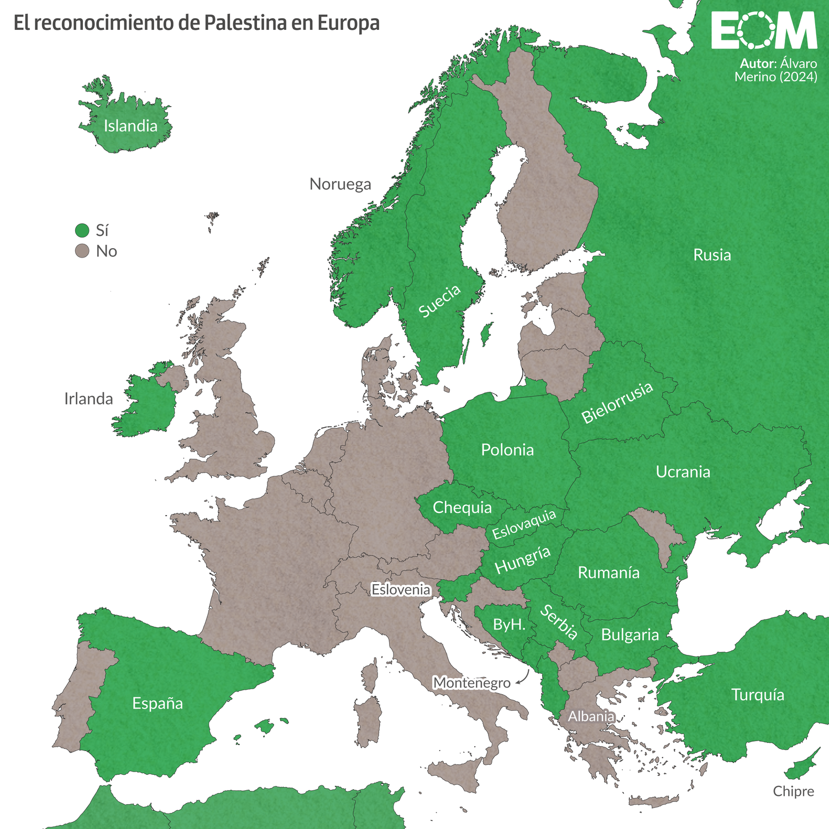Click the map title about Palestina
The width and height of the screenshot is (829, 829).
[x=196, y=23]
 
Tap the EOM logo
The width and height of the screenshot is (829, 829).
[x=764, y=31]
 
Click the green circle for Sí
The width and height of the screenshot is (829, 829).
[x=82, y=230]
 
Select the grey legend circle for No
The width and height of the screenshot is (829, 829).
[x=82, y=251]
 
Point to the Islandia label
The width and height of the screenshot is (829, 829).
[x=130, y=126]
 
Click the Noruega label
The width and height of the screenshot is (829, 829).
[x=340, y=184]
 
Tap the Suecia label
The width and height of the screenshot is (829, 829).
[x=439, y=301]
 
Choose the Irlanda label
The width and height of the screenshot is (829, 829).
[x=88, y=399]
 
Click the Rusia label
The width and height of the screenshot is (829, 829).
[x=712, y=255]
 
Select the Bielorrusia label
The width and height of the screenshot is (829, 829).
[x=617, y=403]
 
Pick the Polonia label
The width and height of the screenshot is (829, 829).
[x=507, y=450]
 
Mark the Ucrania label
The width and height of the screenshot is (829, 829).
[x=683, y=472]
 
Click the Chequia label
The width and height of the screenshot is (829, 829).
[x=462, y=507]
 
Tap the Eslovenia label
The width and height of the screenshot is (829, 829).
[x=401, y=590]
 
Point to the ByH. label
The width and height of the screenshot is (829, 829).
[x=508, y=625]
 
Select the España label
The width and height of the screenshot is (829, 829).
[x=158, y=704]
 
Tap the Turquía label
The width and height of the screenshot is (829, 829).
[x=757, y=695]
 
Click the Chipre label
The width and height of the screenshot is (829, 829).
[x=793, y=791]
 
